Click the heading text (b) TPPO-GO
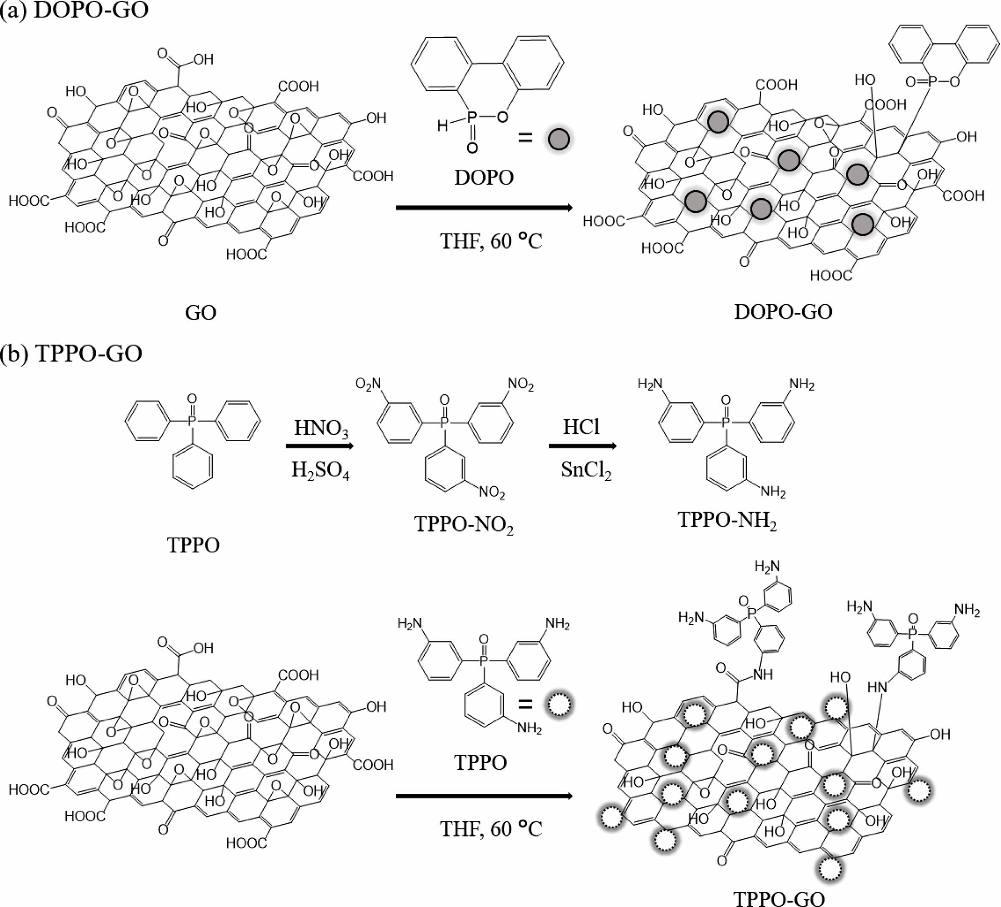pos(72,353)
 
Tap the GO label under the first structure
pos(200,313)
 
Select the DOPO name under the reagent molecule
pos(484,177)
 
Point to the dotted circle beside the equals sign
pos(559,704)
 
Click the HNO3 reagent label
pos(321,428)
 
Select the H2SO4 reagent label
pos(320,470)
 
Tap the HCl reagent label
pos(581,426)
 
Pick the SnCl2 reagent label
pos(586,470)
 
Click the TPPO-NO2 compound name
pos(464,525)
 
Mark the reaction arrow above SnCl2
pos(582,446)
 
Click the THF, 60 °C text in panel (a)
pos(491,241)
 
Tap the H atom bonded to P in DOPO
pos(442,126)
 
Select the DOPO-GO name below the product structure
pos(783,312)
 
